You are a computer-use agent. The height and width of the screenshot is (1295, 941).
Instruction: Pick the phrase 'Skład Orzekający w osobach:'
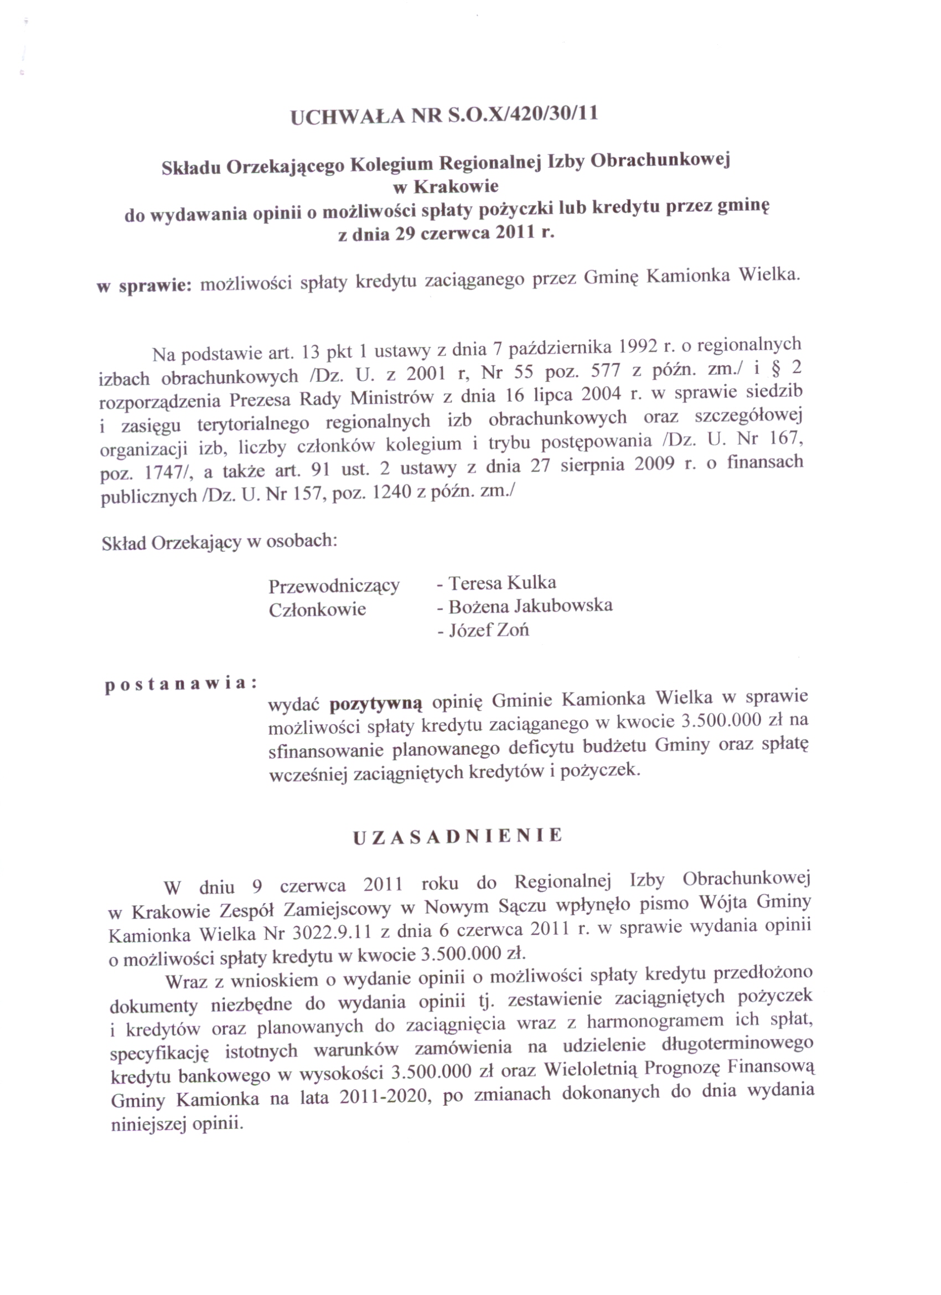pos(219,542)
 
